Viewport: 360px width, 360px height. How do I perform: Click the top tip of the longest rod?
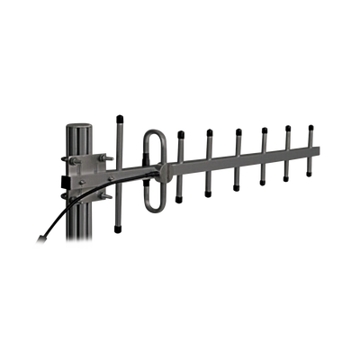[119, 116]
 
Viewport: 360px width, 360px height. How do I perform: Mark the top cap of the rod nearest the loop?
[181, 134]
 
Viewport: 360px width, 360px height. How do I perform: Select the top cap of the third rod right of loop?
[238, 130]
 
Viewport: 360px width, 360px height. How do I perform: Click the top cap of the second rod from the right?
[288, 128]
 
